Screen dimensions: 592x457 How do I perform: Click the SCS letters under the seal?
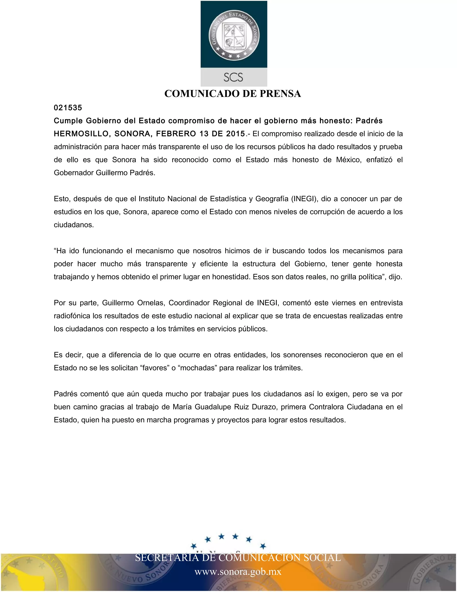(233, 77)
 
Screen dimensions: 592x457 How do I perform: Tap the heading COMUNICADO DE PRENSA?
(233, 94)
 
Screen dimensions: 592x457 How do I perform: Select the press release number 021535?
(68, 108)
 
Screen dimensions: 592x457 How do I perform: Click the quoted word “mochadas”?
(197, 368)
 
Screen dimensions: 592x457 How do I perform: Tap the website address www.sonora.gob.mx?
(238, 572)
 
